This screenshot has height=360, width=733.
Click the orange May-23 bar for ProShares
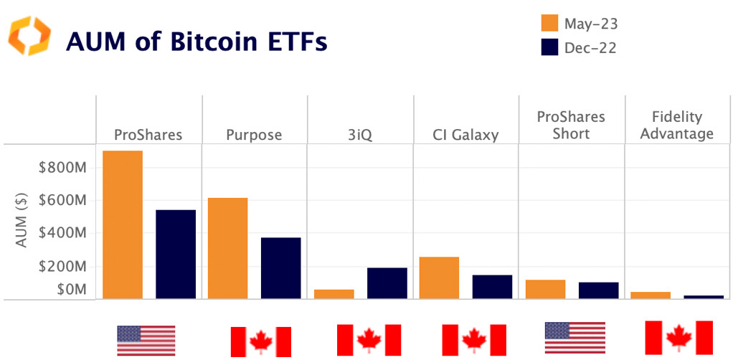tap(123, 224)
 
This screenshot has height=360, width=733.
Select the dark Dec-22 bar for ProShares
tap(176, 254)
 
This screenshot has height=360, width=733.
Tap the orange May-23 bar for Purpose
tap(228, 248)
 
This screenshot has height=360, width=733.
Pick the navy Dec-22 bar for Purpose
tap(281, 267)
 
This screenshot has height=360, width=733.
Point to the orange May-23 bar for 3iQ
tap(334, 294)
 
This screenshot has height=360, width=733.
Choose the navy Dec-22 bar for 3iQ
tap(387, 283)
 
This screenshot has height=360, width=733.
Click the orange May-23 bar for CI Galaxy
tap(439, 278)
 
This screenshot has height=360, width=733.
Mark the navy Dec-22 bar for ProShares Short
tap(598, 290)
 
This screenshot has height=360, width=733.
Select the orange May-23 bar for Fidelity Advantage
tap(651, 295)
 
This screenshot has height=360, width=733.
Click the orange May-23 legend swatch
tap(549, 24)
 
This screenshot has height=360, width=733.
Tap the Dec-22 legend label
tap(590, 48)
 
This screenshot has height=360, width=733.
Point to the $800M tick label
tap(62, 168)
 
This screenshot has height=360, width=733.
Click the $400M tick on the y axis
tap(62, 233)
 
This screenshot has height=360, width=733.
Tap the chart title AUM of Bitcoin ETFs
tap(196, 42)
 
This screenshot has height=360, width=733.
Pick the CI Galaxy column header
tap(465, 135)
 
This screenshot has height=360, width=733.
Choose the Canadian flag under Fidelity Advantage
tap(678, 338)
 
